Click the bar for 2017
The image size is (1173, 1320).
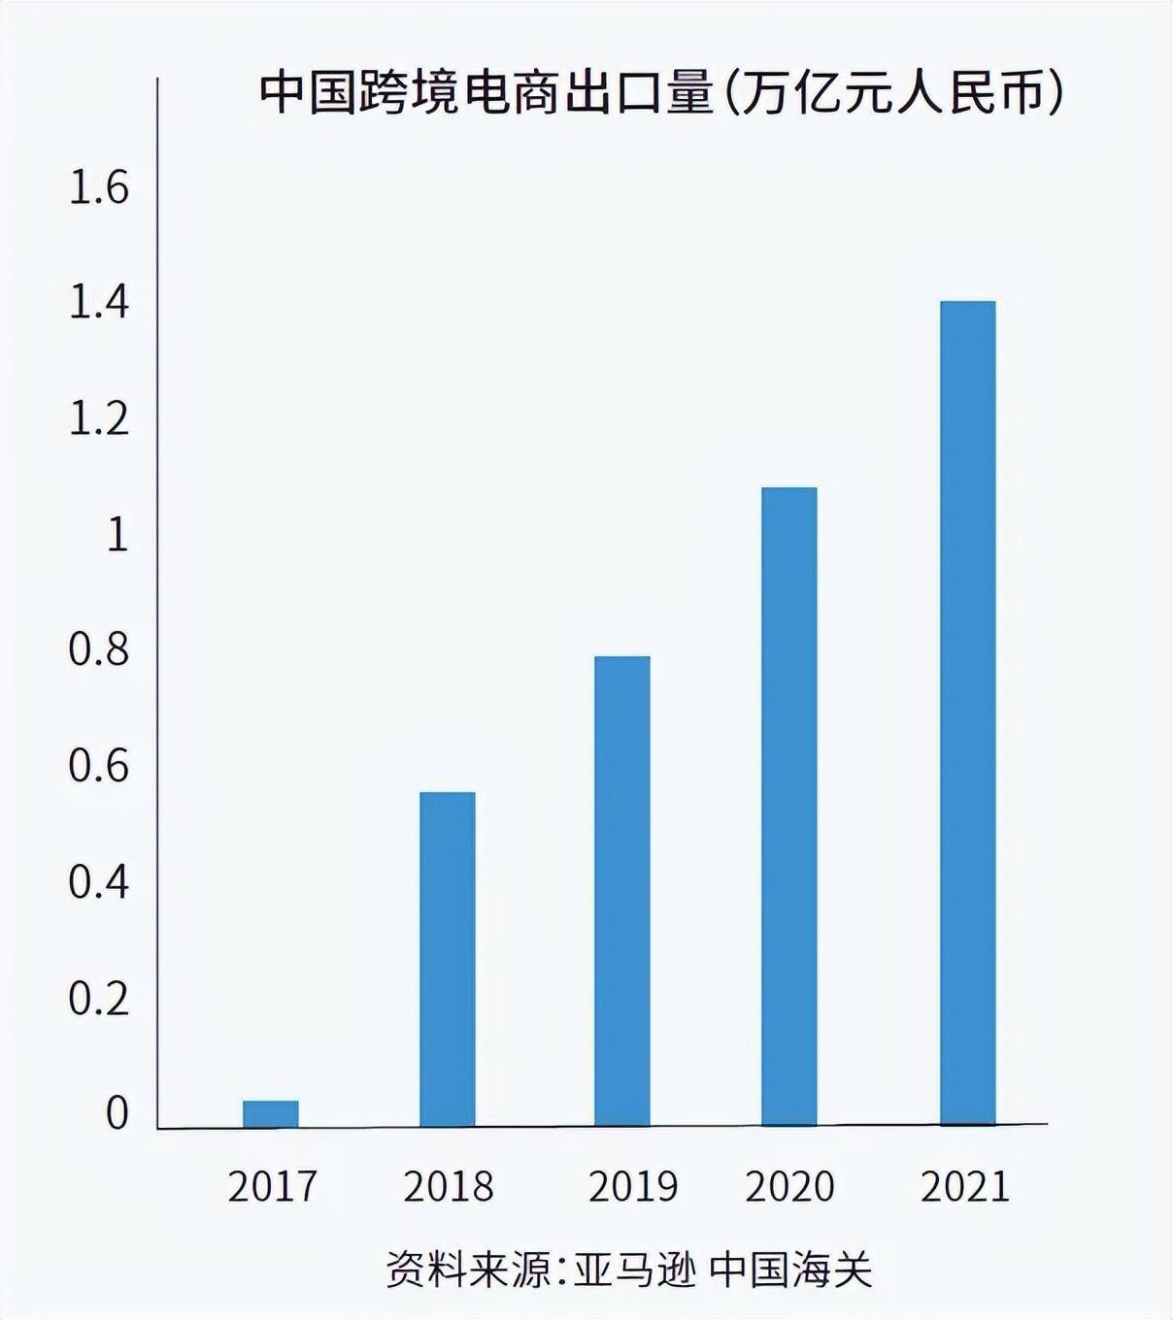271,1114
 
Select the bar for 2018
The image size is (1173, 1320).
448,959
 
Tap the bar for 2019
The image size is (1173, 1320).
622,891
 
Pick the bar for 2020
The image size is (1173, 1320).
789,807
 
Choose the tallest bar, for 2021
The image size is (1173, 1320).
968,713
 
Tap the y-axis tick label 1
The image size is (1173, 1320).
117,535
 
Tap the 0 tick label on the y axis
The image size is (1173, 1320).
117,1114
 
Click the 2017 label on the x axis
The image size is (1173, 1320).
273,1187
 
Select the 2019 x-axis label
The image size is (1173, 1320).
633,1187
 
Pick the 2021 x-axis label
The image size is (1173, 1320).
965,1187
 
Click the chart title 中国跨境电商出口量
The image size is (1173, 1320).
486,95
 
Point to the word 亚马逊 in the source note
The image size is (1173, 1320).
634,1270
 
